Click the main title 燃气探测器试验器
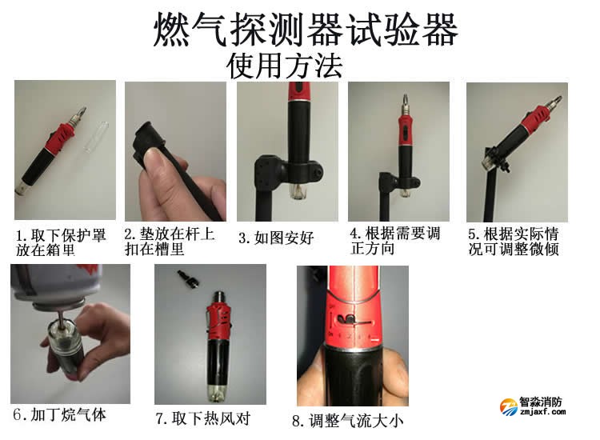(306, 30)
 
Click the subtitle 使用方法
(285, 66)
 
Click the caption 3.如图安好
(275, 238)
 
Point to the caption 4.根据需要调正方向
(395, 241)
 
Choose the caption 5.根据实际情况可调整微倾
(513, 242)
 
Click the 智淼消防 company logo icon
(509, 408)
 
